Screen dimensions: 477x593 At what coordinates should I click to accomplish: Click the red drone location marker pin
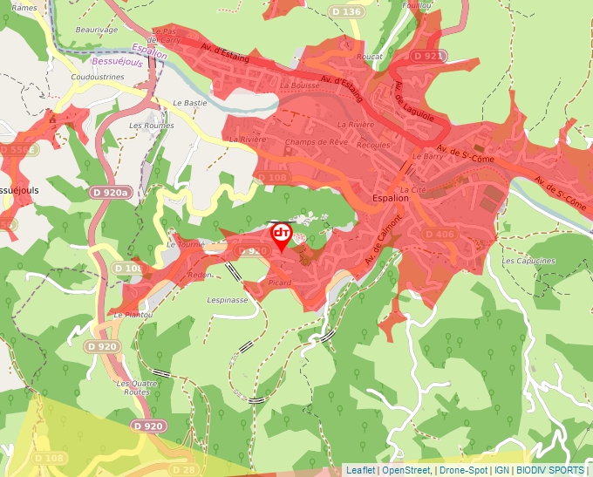coord(282,236)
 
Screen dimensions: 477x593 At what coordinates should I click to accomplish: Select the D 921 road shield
coord(428,56)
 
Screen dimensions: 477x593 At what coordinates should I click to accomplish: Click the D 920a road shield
coord(109,192)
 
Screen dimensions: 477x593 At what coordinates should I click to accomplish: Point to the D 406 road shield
coord(440,234)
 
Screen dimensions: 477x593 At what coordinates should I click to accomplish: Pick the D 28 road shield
coord(185,470)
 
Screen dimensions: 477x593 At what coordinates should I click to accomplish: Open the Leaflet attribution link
coord(360,470)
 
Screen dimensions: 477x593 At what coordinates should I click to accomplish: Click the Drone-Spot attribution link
coord(462,470)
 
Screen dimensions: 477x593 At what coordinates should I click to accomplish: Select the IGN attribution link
coord(501,470)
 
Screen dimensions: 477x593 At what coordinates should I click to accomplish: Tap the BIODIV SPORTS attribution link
coord(550,470)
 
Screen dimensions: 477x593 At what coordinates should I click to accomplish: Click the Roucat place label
coord(370,57)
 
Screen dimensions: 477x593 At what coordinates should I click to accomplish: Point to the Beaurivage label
coord(96,30)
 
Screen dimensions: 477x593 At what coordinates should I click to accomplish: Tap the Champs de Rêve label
coord(316,142)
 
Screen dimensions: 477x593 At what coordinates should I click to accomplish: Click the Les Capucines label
coord(528,261)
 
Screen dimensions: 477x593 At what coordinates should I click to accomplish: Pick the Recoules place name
coord(374,145)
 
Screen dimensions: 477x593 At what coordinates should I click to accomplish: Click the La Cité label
coord(412,189)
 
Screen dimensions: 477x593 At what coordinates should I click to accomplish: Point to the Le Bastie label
coord(190,103)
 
